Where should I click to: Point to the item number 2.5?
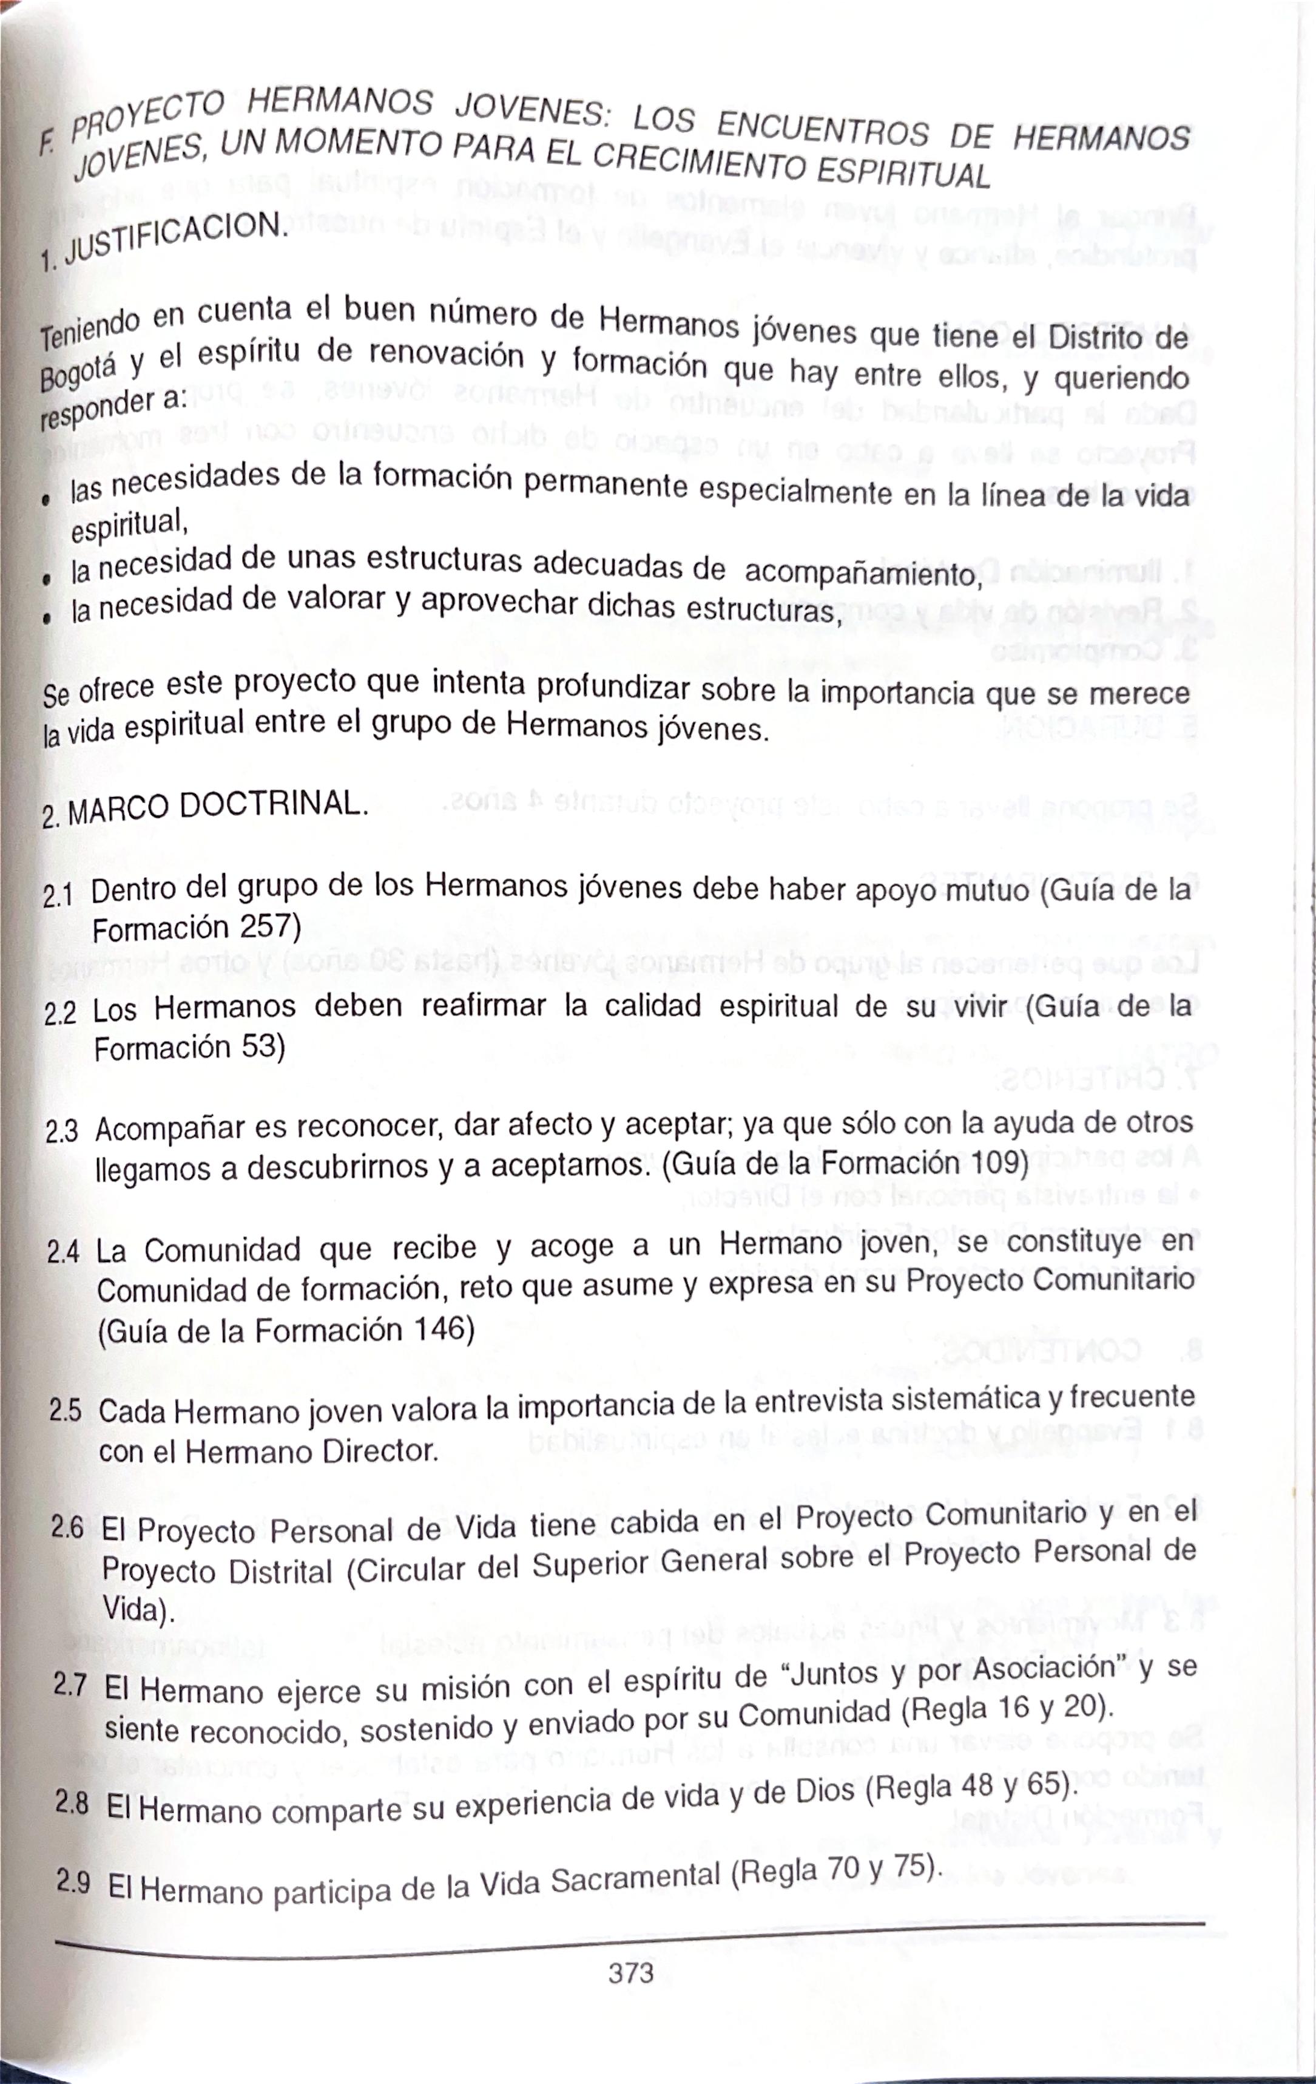click(x=65, y=1411)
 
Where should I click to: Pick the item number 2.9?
click(x=73, y=1881)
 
